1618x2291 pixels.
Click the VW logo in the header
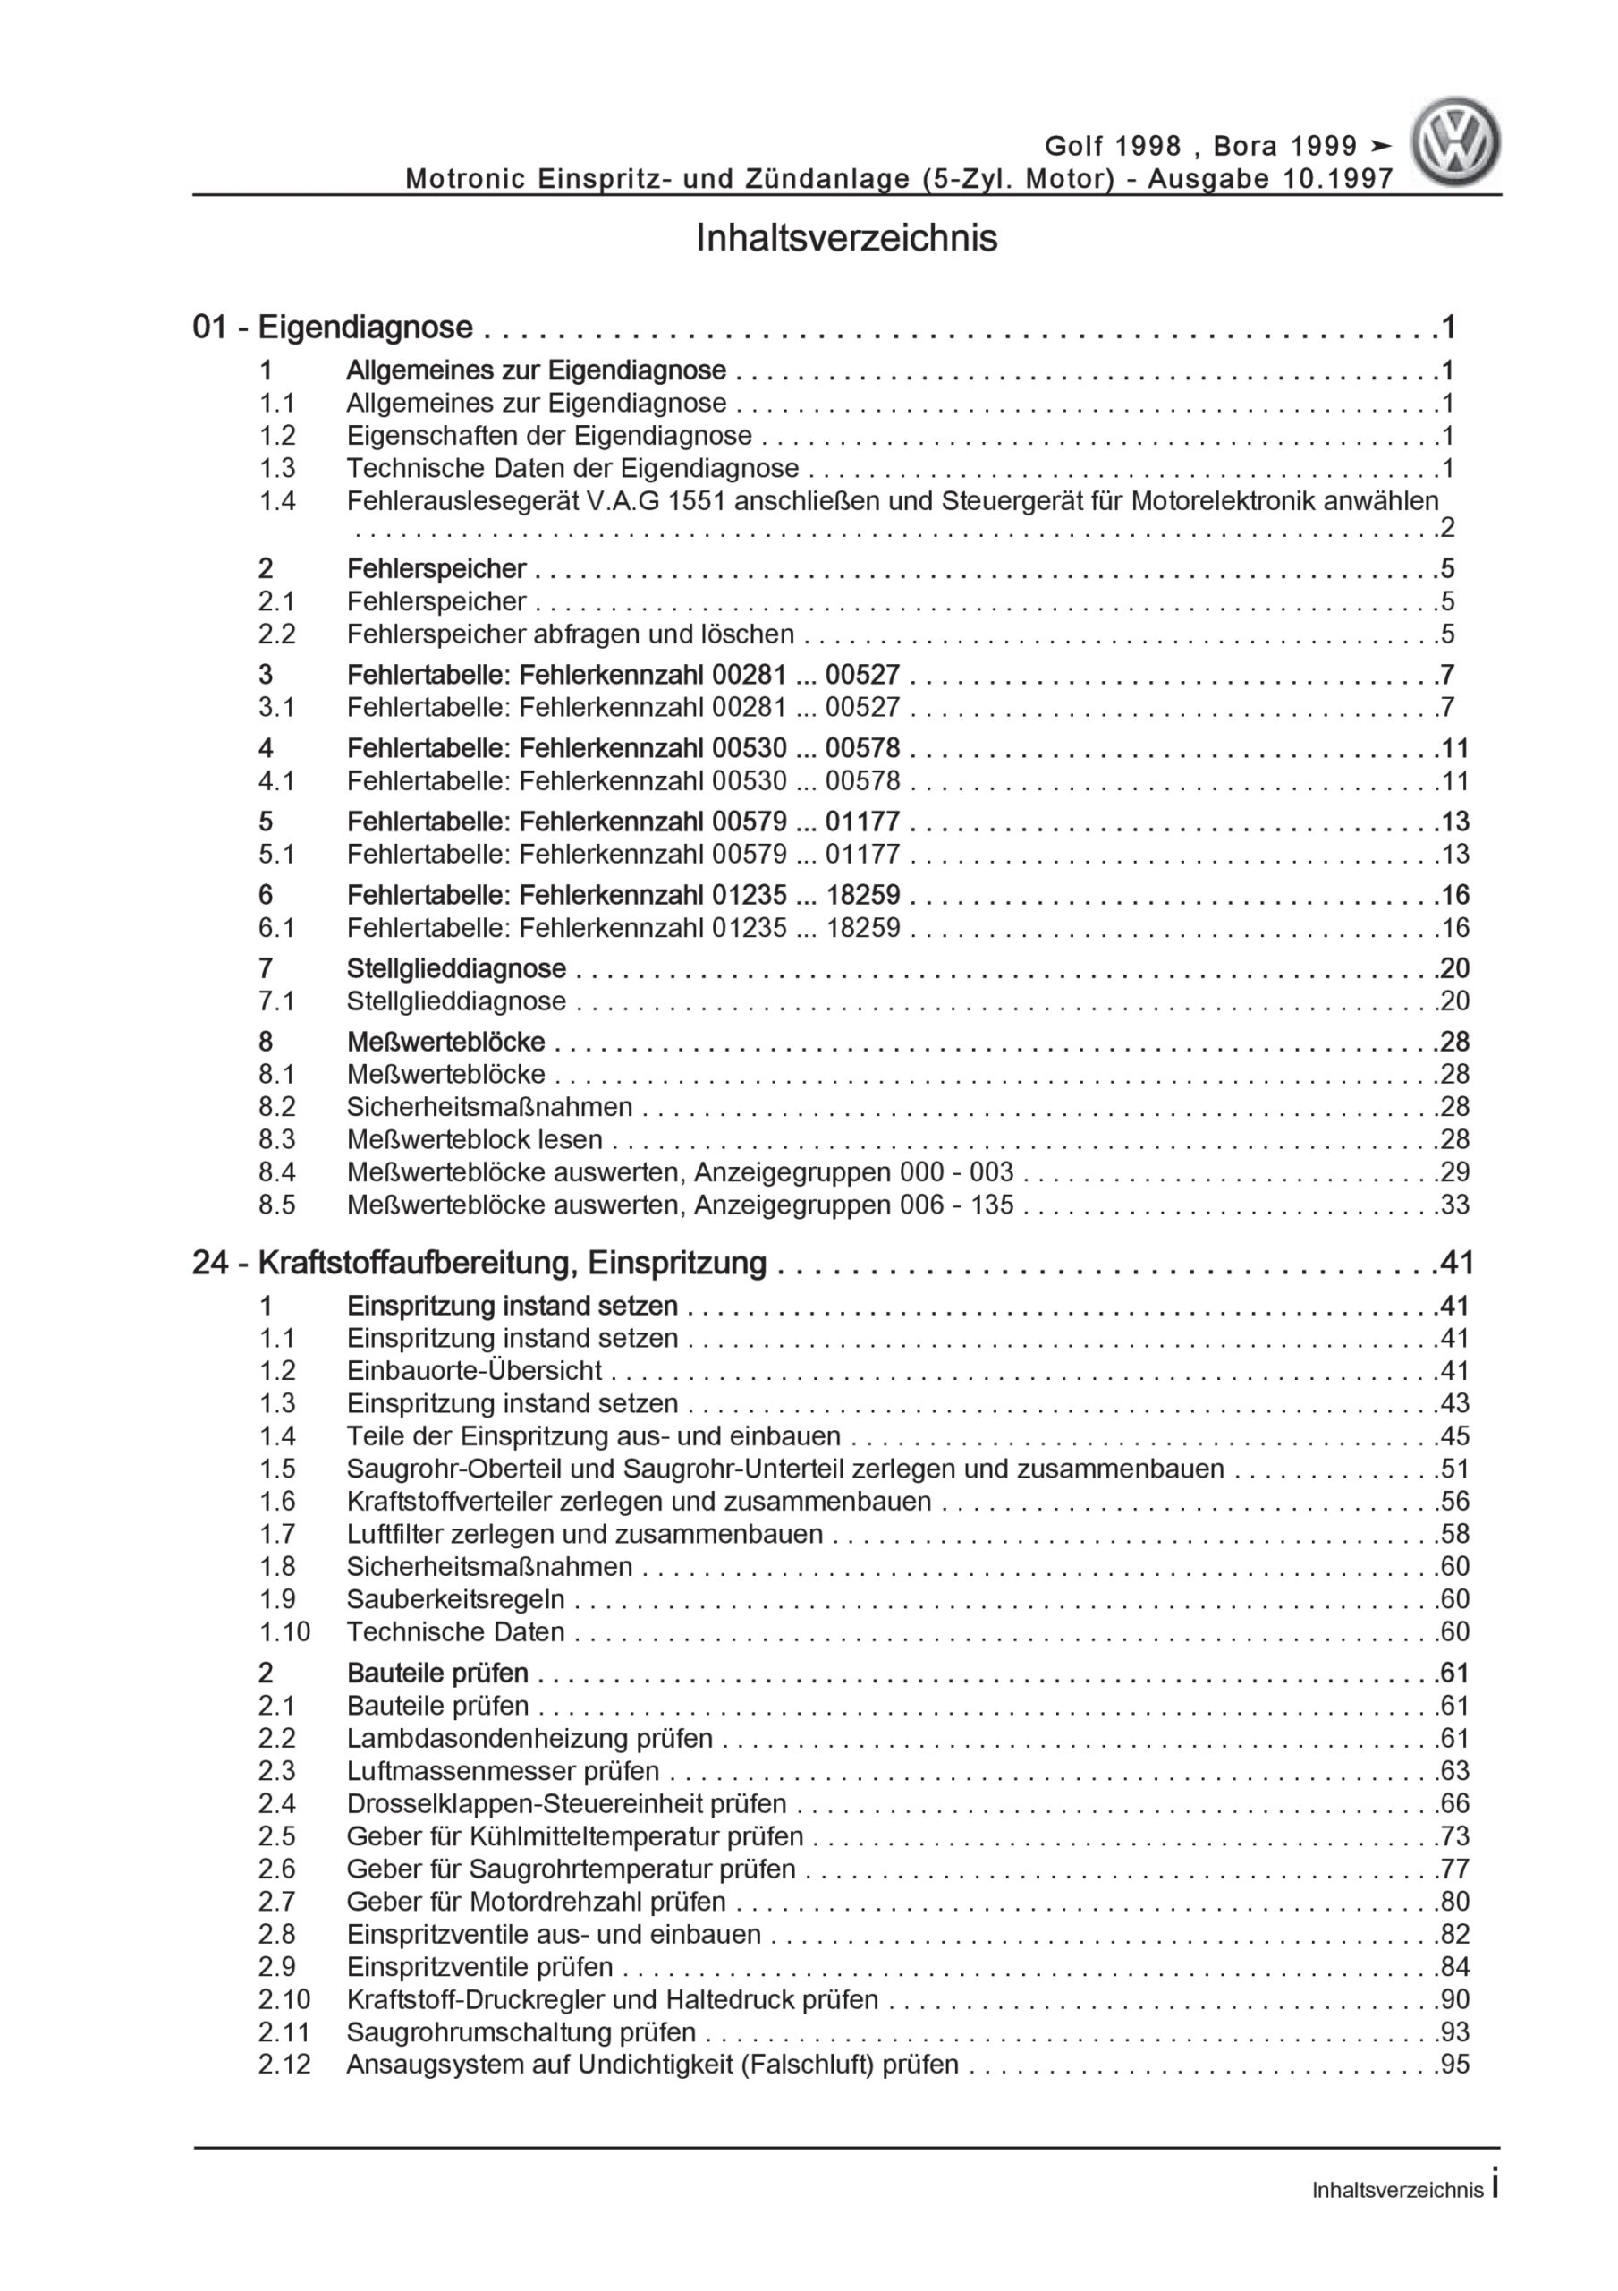1454,142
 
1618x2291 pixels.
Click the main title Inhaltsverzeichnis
846,240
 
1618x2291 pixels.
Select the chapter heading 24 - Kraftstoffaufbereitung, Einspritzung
479,1264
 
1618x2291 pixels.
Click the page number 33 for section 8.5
1454,1205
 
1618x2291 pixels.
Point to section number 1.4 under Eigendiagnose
277,501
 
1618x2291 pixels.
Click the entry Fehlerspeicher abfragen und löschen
570,634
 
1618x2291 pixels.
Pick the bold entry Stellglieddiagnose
456,968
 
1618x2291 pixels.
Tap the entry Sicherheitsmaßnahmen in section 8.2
488,1107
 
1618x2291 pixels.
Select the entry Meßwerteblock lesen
474,1139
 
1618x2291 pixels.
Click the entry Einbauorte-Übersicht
474,1371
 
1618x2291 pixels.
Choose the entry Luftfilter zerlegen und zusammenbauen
585,1534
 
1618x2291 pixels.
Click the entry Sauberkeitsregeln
455,1598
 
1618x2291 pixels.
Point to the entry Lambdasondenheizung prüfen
529,1738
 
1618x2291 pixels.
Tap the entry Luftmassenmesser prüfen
503,1771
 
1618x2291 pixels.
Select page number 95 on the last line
1454,2065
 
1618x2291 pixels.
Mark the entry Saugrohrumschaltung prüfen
521,2031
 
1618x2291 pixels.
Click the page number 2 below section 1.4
1447,528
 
